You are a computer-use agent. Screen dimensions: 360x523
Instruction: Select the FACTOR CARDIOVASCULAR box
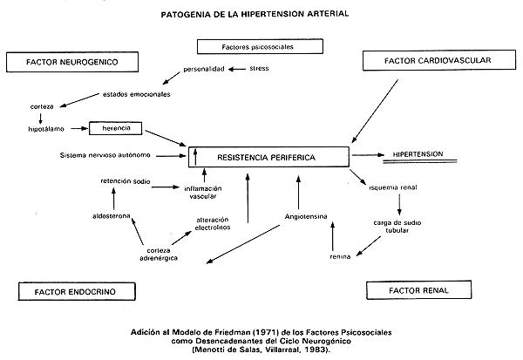(438, 61)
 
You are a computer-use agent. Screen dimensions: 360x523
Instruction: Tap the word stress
(260, 67)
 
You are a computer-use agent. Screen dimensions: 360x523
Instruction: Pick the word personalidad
(204, 68)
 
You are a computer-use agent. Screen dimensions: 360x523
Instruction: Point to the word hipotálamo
(47, 127)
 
